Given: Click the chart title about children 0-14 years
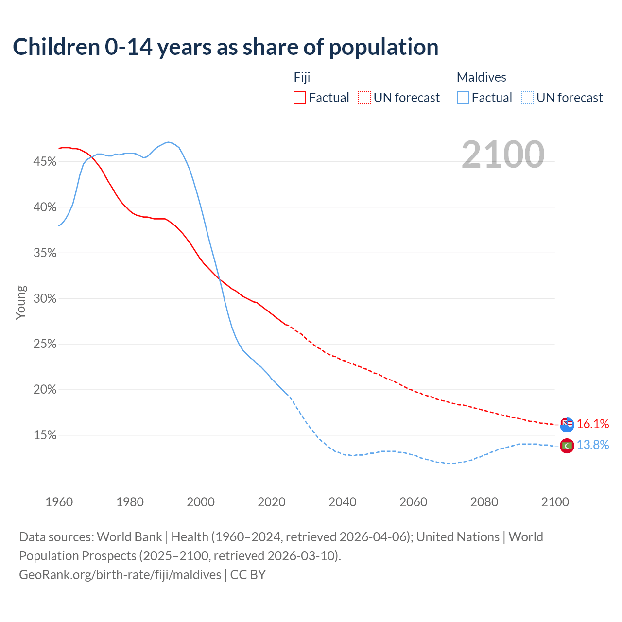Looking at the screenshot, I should (225, 47).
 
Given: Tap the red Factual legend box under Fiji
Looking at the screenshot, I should (300, 98).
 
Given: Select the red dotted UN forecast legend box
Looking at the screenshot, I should (364, 98).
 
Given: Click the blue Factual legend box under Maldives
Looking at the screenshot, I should (463, 98).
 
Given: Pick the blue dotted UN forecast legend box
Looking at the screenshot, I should (527, 98).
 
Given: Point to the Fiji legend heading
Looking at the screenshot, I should (302, 77).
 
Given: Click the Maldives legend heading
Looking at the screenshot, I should (481, 77).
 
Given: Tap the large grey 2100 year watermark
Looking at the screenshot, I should (502, 155).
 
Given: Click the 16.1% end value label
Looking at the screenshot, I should (593, 424).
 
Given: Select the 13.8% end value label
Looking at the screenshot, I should (593, 445).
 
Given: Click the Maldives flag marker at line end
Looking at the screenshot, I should (567, 445).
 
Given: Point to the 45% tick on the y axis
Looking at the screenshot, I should (45, 162).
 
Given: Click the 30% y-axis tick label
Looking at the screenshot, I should (45, 299).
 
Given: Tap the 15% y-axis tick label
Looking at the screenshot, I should (45, 435).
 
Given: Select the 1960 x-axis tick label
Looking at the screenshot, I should (59, 502).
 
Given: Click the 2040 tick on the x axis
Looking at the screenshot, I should (343, 502).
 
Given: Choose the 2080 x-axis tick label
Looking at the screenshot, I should (484, 502).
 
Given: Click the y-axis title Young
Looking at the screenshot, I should (20, 302).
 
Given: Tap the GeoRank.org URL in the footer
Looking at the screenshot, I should (120, 575).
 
